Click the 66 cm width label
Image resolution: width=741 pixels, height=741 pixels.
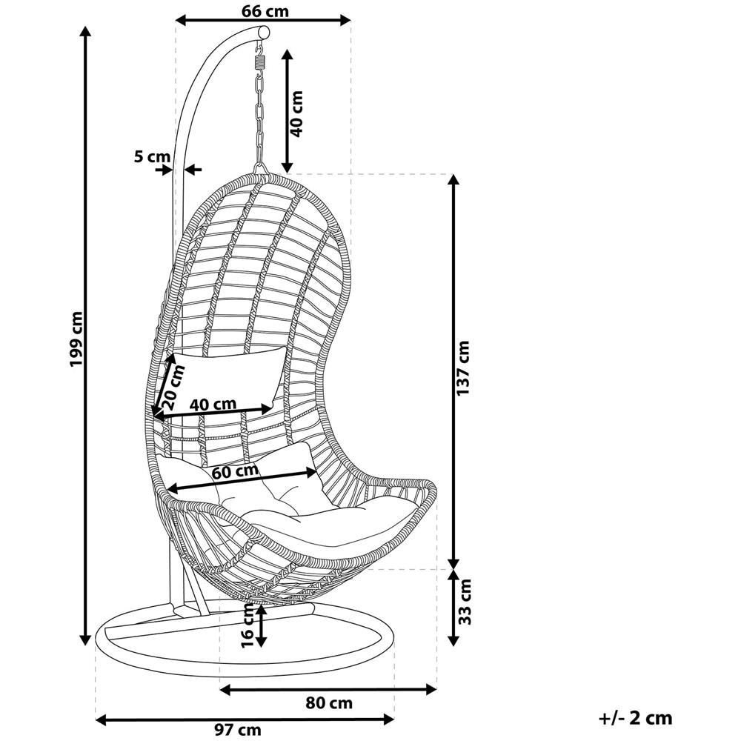pos(265,11)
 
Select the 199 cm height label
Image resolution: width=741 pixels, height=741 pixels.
pos(76,339)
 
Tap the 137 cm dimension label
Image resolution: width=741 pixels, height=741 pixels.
pos(464,368)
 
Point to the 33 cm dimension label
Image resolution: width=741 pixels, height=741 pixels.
pos(465,601)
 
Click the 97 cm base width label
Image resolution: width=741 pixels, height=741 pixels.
pos(238,730)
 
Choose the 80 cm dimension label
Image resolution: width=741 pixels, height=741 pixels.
pos(329,702)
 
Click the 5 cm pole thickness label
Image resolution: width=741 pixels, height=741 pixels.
pos(152,156)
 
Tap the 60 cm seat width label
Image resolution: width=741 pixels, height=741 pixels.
pos(235,471)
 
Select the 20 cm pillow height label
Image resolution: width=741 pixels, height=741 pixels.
pos(172,387)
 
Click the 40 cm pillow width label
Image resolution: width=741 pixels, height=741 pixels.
pos(213,404)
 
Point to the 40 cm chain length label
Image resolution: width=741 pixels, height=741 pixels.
pos(296,114)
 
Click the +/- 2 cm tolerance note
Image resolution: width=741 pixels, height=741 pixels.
pos(635,718)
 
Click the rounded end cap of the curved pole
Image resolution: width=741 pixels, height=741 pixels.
pos(264,33)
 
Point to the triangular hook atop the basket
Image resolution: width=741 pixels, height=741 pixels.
pos(259,169)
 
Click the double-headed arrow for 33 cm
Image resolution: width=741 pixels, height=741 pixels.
pos(453,608)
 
